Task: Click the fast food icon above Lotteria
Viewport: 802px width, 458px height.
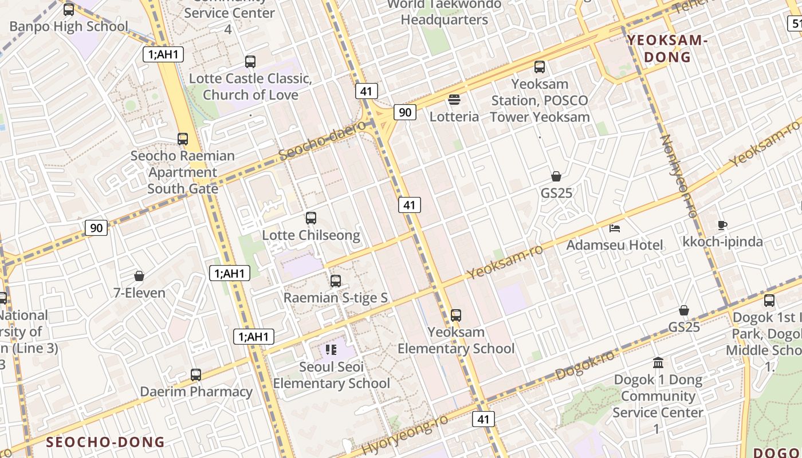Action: pyautogui.click(x=454, y=100)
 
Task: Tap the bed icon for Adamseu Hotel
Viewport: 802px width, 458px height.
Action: pyautogui.click(x=615, y=228)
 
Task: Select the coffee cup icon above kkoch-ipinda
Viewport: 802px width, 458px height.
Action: pyautogui.click(x=722, y=225)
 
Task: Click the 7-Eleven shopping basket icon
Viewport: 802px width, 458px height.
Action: pyautogui.click(x=139, y=276)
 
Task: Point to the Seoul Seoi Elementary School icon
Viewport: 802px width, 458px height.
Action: pyautogui.click(x=331, y=349)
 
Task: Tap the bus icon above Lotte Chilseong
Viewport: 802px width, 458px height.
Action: pyautogui.click(x=310, y=218)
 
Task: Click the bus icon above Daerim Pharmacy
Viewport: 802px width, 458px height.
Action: pyautogui.click(x=196, y=375)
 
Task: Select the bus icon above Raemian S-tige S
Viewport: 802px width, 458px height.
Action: pyautogui.click(x=336, y=281)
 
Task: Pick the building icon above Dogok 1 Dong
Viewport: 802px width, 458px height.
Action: pyautogui.click(x=658, y=363)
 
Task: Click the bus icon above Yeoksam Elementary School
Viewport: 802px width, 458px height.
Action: pyautogui.click(x=456, y=315)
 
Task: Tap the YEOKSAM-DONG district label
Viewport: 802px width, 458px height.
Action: pyautogui.click(x=667, y=49)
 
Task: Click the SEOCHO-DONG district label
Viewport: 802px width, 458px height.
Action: pyautogui.click(x=105, y=442)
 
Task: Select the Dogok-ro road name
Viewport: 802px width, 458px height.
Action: pyautogui.click(x=585, y=365)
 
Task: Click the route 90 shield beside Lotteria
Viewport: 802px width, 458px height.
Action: pyautogui.click(x=404, y=112)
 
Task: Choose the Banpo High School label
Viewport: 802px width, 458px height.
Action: pyautogui.click(x=69, y=26)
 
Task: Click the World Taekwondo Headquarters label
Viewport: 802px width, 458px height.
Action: pyautogui.click(x=444, y=12)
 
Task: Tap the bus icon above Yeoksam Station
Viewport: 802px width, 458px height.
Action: pyautogui.click(x=540, y=67)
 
